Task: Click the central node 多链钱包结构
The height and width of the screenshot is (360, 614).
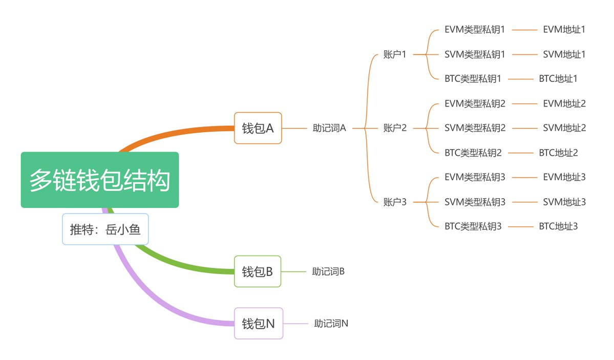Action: pos(100,180)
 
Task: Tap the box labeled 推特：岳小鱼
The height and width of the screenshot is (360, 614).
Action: pos(105,229)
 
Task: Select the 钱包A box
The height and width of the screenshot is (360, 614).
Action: pos(258,128)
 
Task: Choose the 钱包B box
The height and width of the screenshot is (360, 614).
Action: pos(258,271)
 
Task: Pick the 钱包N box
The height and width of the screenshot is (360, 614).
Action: pos(258,323)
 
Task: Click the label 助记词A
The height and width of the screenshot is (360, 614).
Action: pos(329,128)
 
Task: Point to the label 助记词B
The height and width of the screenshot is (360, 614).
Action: pos(328,271)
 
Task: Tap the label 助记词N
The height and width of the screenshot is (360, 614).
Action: pos(331,323)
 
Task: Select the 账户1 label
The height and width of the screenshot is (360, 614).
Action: pos(394,54)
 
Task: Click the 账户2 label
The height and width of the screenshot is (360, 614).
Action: pos(394,128)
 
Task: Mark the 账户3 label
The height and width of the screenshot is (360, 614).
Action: pos(394,202)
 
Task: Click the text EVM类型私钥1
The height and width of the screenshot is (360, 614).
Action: pos(475,30)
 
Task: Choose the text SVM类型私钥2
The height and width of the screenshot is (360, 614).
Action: pos(475,128)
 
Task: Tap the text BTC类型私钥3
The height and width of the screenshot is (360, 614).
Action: pos(473,226)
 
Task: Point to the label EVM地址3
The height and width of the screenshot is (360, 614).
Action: pos(564,177)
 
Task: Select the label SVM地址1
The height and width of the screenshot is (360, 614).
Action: pos(564,54)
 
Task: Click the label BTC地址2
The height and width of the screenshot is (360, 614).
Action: pos(558,153)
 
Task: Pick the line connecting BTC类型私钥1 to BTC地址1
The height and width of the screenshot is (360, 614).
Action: pos(520,79)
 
